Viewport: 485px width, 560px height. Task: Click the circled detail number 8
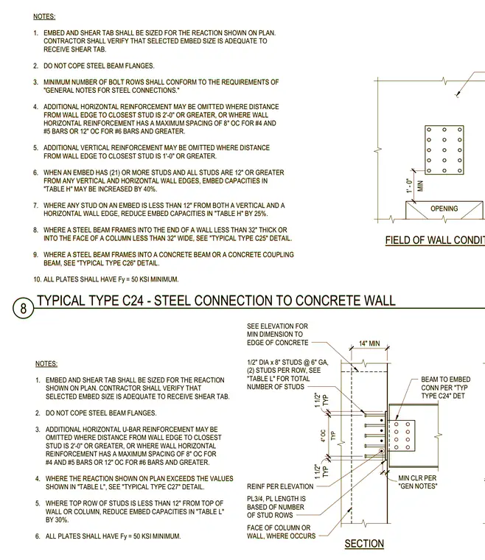(x=23, y=308)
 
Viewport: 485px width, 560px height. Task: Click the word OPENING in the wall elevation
(x=444, y=209)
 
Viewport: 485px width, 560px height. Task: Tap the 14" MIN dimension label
(x=369, y=343)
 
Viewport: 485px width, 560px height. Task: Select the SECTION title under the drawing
(x=364, y=544)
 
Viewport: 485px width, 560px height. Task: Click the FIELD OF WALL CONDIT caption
(x=435, y=240)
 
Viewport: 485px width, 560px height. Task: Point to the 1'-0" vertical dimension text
(x=409, y=186)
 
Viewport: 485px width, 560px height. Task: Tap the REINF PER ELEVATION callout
(x=280, y=486)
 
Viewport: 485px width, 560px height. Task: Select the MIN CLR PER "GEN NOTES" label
(x=417, y=482)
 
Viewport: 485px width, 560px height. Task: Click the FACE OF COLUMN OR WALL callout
(x=281, y=532)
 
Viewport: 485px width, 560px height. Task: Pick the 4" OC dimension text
(x=323, y=435)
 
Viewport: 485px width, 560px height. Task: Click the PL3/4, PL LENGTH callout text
(x=276, y=507)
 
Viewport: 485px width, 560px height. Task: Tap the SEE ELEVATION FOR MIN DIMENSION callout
(x=277, y=335)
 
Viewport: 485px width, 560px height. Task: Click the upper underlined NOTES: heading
(x=44, y=16)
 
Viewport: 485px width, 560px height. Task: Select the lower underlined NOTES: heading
(x=46, y=363)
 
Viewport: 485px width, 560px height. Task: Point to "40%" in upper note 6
(x=150, y=189)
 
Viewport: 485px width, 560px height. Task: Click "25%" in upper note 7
(x=260, y=214)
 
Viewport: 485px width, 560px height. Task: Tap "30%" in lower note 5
(x=61, y=519)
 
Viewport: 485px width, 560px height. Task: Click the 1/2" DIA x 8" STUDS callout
(x=287, y=374)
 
